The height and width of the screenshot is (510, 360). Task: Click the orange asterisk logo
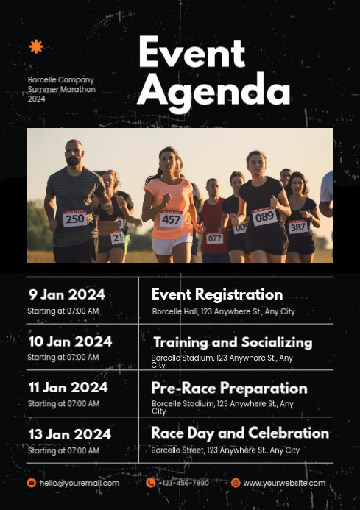click(x=36, y=47)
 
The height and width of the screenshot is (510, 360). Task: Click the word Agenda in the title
click(x=213, y=91)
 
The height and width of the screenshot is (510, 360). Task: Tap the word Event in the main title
click(x=191, y=53)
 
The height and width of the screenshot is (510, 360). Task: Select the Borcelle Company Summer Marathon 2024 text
click(x=61, y=89)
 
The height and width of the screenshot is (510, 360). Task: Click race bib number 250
click(x=74, y=219)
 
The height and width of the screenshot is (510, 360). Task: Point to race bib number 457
click(x=171, y=219)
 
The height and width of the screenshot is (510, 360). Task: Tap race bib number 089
click(x=264, y=216)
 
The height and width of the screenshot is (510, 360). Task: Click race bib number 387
click(x=298, y=227)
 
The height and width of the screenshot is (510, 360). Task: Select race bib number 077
click(x=214, y=238)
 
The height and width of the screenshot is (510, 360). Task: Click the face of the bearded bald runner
click(x=74, y=155)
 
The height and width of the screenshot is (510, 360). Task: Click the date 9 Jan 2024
click(x=66, y=294)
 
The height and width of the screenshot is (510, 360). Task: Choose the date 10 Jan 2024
click(x=70, y=341)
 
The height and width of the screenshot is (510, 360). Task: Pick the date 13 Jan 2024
click(x=70, y=434)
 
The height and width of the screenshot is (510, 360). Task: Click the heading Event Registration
click(x=217, y=294)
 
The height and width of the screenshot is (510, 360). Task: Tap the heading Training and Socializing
click(x=233, y=342)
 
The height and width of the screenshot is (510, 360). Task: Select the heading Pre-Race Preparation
click(x=229, y=388)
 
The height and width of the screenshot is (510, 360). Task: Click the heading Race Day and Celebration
click(x=240, y=433)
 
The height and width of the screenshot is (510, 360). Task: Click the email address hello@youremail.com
click(x=80, y=484)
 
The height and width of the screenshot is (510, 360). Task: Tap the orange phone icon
click(x=151, y=483)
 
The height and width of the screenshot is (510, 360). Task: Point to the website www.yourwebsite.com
click(x=284, y=484)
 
